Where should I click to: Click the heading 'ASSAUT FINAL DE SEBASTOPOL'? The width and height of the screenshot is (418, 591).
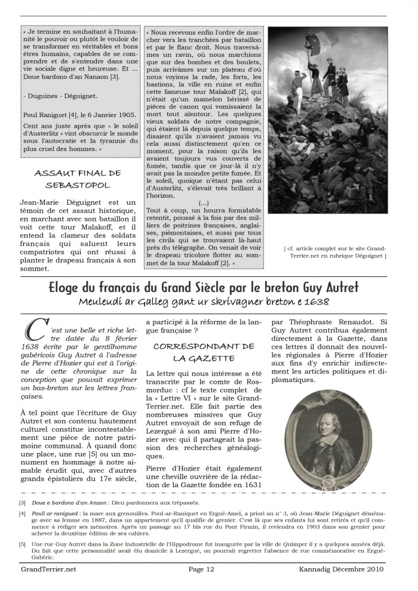click(x=78, y=178)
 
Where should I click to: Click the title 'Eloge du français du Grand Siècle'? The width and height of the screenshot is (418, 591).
click(x=204, y=287)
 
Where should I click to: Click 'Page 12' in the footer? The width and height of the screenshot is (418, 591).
click(x=201, y=569)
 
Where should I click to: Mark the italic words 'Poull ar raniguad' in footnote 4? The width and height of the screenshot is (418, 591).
click(x=53, y=513)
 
